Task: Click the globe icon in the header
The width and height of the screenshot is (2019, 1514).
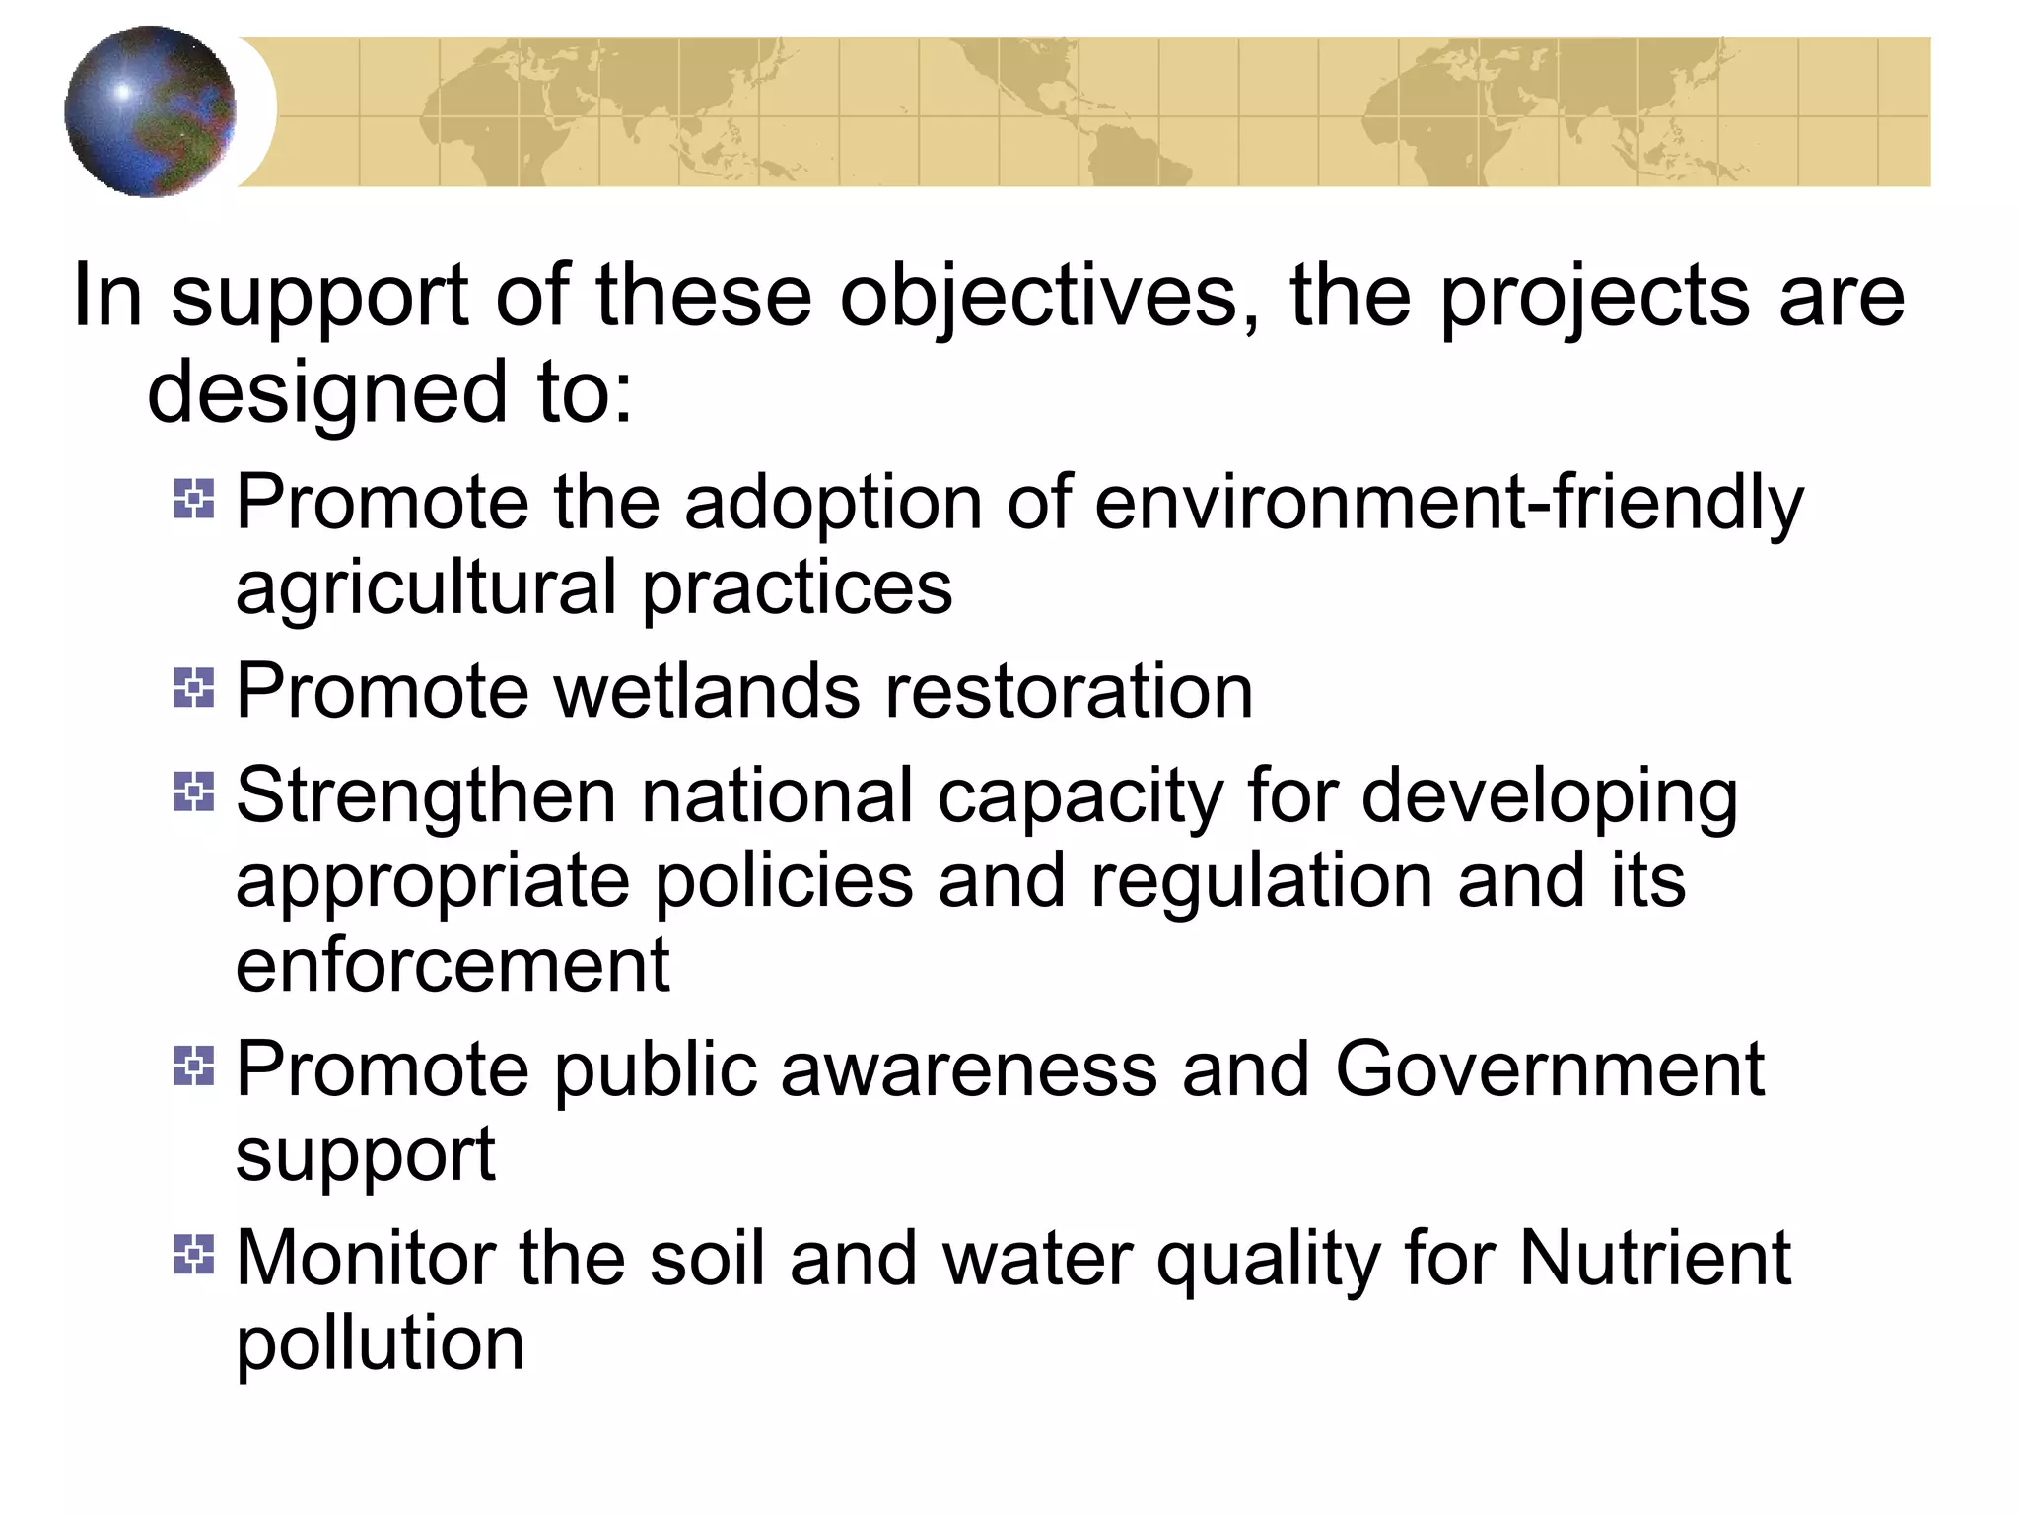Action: (x=150, y=111)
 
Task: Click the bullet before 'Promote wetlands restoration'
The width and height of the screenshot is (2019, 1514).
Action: (x=194, y=688)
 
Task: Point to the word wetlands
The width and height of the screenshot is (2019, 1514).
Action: (x=707, y=691)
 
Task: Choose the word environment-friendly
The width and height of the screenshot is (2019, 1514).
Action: (x=1448, y=503)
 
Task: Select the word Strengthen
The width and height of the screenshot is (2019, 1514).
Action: (x=425, y=796)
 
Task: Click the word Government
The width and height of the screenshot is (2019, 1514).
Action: (x=1549, y=1068)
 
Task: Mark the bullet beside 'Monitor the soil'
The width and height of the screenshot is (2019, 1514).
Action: (x=194, y=1255)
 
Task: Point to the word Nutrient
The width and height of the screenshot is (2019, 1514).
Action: (x=1654, y=1259)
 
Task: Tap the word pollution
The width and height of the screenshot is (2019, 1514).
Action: (x=380, y=1344)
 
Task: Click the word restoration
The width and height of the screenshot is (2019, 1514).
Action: (x=1069, y=691)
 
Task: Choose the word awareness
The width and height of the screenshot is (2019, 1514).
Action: (x=968, y=1068)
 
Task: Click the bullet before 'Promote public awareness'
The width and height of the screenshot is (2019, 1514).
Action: (x=194, y=1067)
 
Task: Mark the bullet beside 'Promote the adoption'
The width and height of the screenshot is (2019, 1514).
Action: (x=194, y=499)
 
